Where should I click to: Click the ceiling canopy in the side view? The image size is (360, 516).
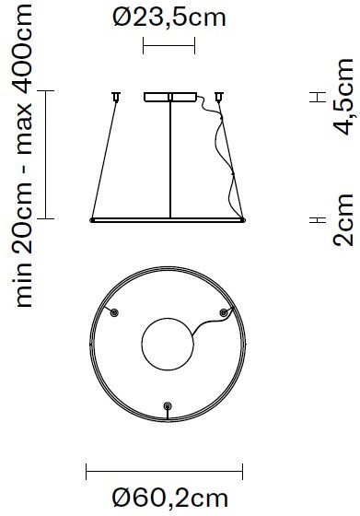(169, 96)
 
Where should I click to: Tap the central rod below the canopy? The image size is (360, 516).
(170, 157)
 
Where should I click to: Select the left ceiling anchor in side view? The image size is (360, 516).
(116, 95)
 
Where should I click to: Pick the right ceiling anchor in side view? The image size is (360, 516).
(219, 95)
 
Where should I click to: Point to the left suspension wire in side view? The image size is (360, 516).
(103, 157)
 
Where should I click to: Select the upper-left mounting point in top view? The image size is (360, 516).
(114, 314)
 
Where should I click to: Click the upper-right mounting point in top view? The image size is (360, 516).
(222, 314)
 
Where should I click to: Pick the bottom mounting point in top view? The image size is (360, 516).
(167, 406)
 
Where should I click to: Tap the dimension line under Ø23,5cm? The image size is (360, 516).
(170, 45)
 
